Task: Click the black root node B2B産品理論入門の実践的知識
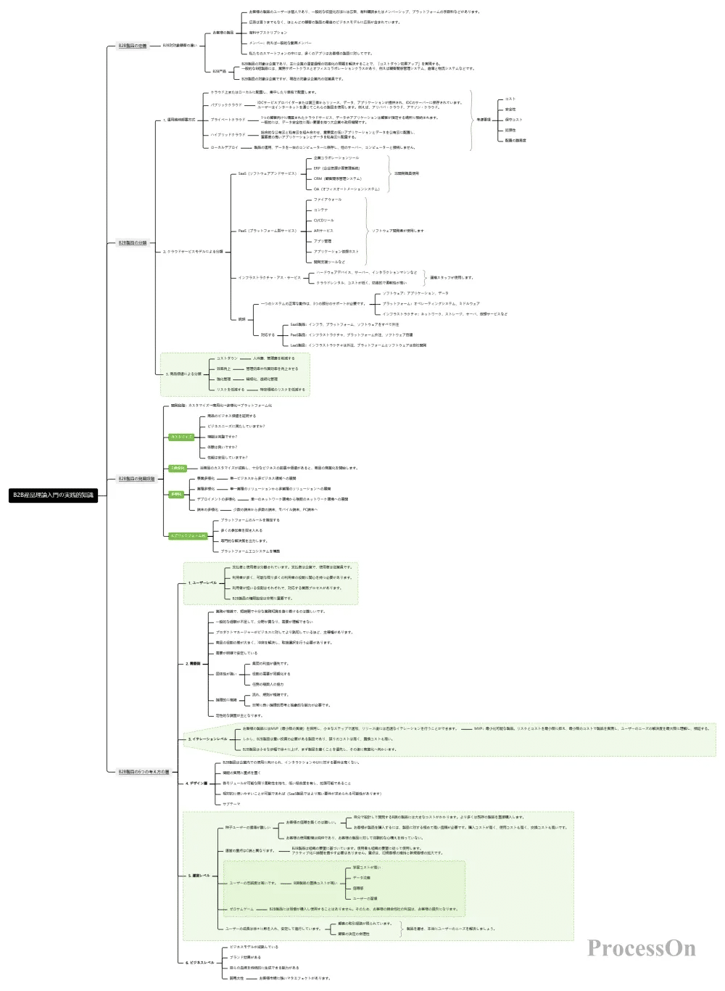pos(53,495)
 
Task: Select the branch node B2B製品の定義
pos(132,46)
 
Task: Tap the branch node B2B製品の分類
pos(132,243)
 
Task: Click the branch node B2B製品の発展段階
pos(136,479)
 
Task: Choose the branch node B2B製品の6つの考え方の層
pos(143,772)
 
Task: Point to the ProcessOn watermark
pos(641,948)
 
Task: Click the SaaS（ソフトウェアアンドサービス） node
pos(267,173)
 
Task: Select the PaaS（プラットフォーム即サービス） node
pos(267,231)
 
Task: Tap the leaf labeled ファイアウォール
pos(327,200)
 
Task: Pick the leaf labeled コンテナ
pos(320,210)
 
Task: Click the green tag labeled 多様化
pos(176,494)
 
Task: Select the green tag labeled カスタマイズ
pos(181,437)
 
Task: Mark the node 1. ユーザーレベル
pos(202,583)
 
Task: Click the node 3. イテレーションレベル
pos(207,739)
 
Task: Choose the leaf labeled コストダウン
pos(226,358)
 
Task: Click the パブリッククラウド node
pos(226,105)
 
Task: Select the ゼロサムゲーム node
pos(241,909)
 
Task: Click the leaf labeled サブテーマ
pos(231,804)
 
